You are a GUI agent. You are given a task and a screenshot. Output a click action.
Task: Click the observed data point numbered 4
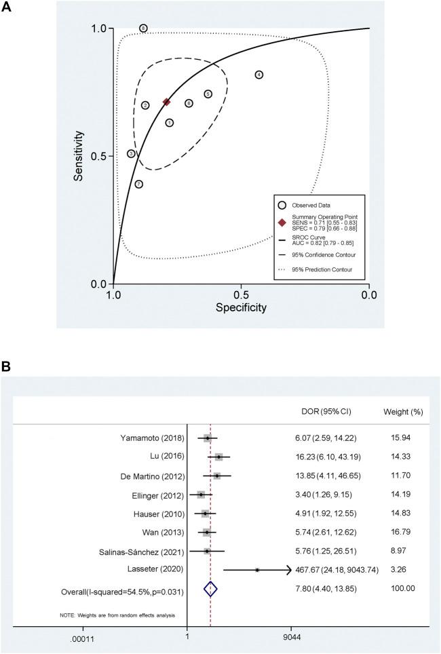[258, 75]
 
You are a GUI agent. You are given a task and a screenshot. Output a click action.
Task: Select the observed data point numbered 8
[143, 28]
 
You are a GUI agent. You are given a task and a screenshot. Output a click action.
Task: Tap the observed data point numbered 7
[138, 184]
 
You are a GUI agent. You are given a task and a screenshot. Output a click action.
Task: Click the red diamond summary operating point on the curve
[166, 102]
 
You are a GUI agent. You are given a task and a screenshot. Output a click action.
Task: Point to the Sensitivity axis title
[80, 155]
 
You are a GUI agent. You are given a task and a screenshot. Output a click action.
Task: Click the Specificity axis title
[241, 308]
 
